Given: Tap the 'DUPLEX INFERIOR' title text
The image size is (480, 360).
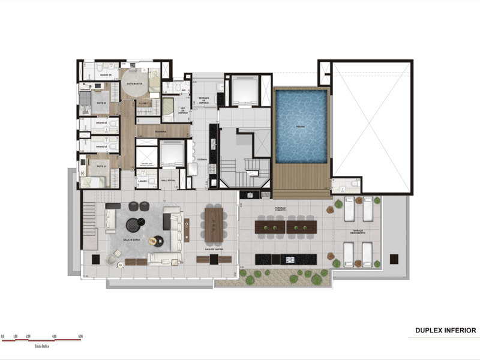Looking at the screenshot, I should pyautogui.click(x=445, y=330).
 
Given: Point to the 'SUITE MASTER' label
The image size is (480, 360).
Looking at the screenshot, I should pyautogui.click(x=142, y=84).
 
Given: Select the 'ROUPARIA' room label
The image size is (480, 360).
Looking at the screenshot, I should pyautogui.click(x=160, y=131).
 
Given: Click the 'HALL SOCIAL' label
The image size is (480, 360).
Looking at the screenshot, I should pyautogui.click(x=167, y=180).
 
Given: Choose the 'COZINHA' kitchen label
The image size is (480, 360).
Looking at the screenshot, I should pyautogui.click(x=202, y=160).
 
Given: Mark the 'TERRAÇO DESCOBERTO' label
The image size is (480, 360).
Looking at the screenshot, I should pyautogui.click(x=358, y=231).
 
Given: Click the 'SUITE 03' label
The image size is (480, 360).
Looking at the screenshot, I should pyautogui.click(x=101, y=166).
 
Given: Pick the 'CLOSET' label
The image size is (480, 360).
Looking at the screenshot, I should pyautogui.click(x=143, y=103).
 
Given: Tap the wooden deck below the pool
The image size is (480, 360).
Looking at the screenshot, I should pyautogui.click(x=301, y=180).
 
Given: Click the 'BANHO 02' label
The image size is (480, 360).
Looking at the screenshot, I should pyautogui.click(x=101, y=124).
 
